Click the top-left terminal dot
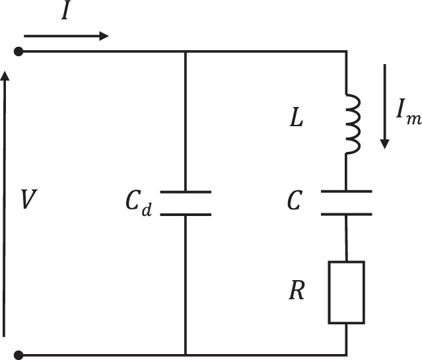coord(20,52)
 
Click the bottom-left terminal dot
coord(20,355)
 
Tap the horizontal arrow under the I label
coord(66,35)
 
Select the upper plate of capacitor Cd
coord(185,192)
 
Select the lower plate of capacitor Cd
coord(185,214)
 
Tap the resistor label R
coord(297,292)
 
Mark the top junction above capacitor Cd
coord(185,52)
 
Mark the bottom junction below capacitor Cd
coord(185,355)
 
